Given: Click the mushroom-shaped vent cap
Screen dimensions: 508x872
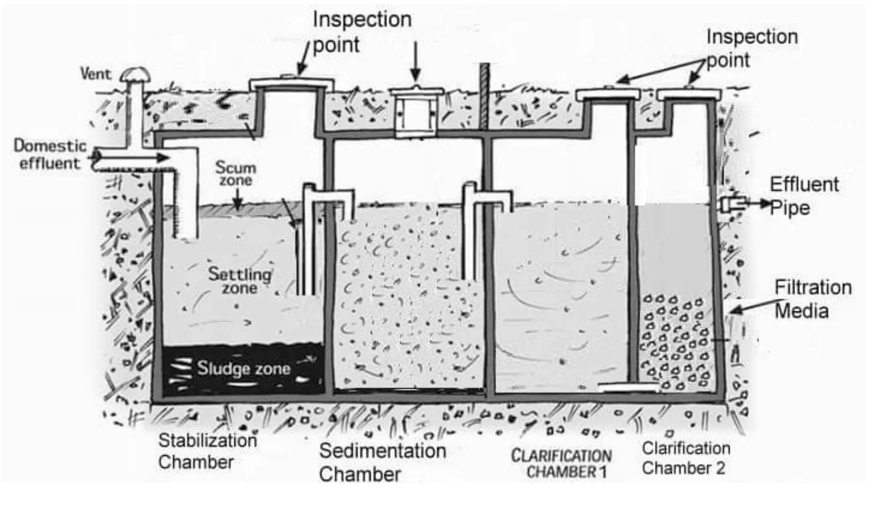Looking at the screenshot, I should tap(136, 74).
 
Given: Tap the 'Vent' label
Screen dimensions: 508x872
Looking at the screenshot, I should tap(96, 74).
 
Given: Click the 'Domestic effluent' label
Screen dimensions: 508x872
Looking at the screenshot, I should tap(50, 154).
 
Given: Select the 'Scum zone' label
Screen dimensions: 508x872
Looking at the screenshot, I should tap(236, 174).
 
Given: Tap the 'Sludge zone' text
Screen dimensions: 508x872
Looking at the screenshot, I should tap(244, 369).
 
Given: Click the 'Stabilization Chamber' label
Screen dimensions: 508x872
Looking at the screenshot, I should tap(207, 451).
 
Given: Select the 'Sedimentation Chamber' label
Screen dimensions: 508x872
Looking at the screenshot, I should tap(382, 462).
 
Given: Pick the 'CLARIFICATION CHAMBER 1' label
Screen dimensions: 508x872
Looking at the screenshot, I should tap(561, 464).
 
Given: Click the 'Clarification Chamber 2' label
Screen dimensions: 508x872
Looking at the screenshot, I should tap(686, 458).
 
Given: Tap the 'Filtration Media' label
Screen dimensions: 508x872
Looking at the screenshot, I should tap(812, 299).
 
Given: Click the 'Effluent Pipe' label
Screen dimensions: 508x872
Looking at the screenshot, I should tap(804, 196).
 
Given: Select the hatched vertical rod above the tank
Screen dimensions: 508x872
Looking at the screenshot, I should tap(484, 96).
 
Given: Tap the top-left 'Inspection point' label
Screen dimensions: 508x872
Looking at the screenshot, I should tap(362, 32).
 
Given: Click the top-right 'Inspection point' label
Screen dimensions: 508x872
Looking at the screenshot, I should tap(752, 49).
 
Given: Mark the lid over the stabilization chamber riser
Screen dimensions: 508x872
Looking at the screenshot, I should tap(291, 83).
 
